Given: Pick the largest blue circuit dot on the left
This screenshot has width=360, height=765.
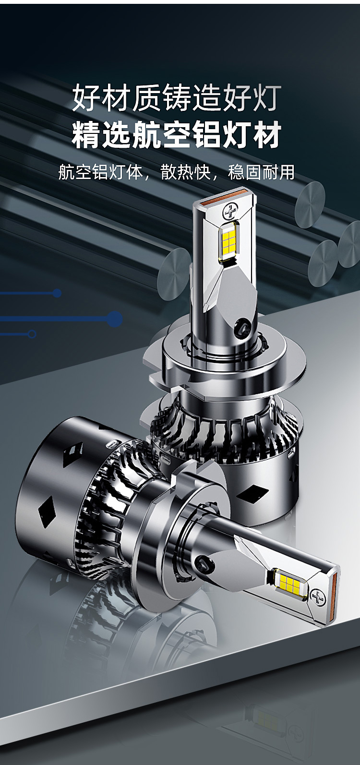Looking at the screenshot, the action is click(x=116, y=319).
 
